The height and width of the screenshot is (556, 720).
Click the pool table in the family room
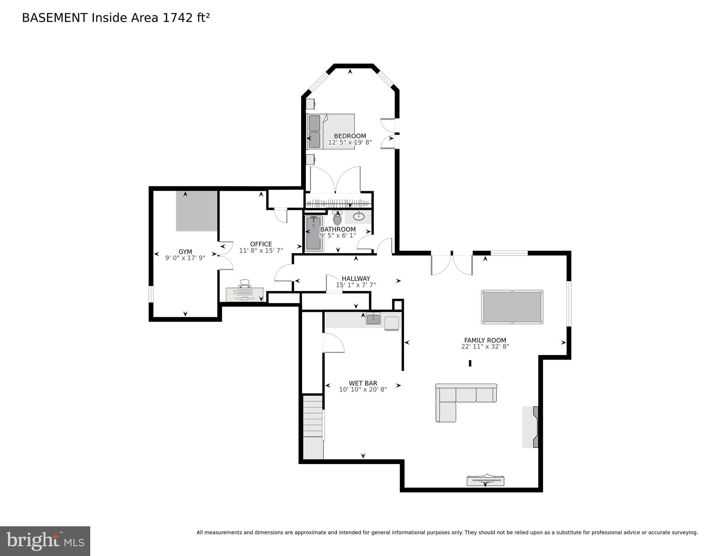[512, 307]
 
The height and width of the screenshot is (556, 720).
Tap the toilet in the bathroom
[337, 219]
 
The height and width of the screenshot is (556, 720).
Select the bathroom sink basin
[359, 217]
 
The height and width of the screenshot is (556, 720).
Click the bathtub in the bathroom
[313, 234]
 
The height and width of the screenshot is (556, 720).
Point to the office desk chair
[245, 284]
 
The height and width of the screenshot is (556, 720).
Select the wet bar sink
[373, 319]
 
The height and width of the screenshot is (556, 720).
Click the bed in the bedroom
[330, 131]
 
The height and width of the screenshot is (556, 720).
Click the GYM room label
[185, 252]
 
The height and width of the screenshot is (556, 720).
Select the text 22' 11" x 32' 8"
[485, 346]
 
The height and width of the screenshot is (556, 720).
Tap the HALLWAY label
[356, 279]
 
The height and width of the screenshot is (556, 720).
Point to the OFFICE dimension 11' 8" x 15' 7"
[261, 250]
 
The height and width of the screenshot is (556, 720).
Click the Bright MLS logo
[45, 541]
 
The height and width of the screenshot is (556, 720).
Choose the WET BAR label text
[363, 383]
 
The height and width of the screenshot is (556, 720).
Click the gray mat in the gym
[197, 211]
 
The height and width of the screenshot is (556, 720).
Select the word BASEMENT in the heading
[55, 18]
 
